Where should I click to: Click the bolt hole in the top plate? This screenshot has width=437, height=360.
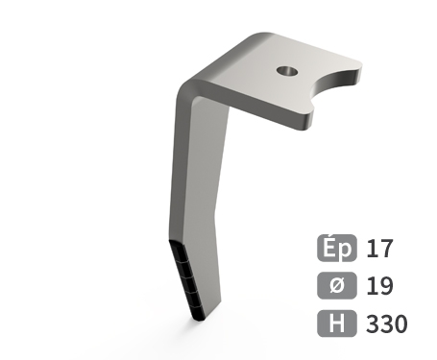(287, 71)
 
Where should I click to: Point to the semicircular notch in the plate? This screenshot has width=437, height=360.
(333, 84)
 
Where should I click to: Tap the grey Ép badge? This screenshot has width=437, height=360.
(337, 248)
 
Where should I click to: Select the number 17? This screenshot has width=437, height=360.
(379, 248)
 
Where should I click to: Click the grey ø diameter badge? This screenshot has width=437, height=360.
(337, 285)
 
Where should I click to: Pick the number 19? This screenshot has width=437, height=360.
(379, 286)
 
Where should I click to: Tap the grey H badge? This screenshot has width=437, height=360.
(337, 324)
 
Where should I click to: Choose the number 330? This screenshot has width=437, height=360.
(387, 324)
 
